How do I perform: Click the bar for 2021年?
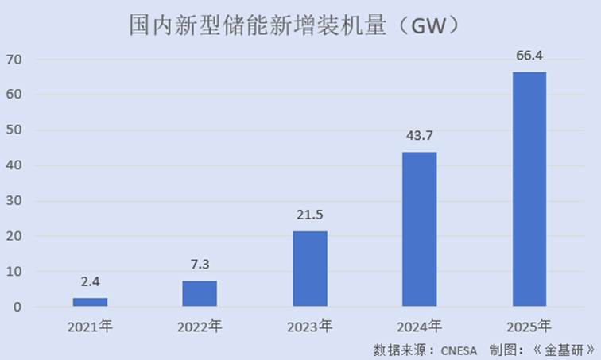click(90, 302)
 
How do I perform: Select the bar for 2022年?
click(200, 293)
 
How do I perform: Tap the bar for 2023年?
click(310, 269)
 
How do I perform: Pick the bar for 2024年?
click(419, 229)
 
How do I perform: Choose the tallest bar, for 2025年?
click(529, 189)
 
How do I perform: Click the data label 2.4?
click(90, 281)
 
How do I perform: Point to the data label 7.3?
click(200, 264)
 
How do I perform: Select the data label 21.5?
click(310, 215)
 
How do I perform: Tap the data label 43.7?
click(419, 136)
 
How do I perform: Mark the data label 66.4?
click(529, 56)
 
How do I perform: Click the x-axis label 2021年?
click(90, 327)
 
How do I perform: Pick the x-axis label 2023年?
click(310, 327)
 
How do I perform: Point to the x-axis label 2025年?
click(529, 327)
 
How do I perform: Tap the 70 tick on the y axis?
click(14, 60)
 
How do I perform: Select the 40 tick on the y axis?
click(14, 165)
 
